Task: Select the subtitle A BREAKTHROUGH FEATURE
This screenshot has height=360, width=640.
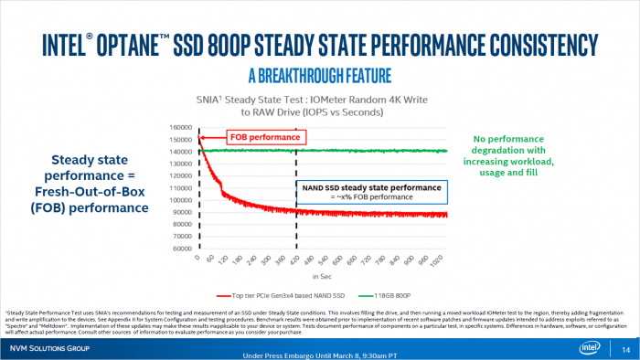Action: click(x=319, y=72)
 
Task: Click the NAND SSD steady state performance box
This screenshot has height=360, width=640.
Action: click(x=369, y=191)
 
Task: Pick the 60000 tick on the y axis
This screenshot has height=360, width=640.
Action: click(x=181, y=248)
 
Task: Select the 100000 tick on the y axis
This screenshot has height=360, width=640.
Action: click(x=179, y=199)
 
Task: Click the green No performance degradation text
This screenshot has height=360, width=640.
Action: click(x=514, y=154)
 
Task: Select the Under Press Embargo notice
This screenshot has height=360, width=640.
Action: click(x=319, y=355)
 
